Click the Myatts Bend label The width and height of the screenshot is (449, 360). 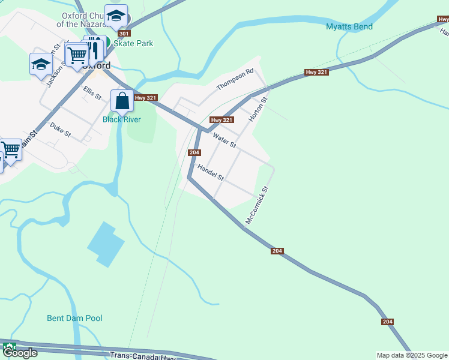point(349,26)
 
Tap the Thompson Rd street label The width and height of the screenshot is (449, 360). point(235,79)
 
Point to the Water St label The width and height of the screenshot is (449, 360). point(224,141)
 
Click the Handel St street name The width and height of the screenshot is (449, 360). point(210,173)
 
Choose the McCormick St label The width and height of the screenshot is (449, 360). point(256,205)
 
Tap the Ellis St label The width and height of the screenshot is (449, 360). point(92,92)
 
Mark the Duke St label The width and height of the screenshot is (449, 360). point(60,130)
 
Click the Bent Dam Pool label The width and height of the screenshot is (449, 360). point(74,318)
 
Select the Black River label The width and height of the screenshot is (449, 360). point(121,119)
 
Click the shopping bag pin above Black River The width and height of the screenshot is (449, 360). point(122,101)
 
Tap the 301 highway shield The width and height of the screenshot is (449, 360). point(124,34)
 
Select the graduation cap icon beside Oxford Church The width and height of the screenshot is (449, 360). point(115,16)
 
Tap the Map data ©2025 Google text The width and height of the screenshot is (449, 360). point(411,355)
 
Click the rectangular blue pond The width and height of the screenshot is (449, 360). point(106,244)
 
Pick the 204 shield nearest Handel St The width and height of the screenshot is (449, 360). point(194,152)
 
